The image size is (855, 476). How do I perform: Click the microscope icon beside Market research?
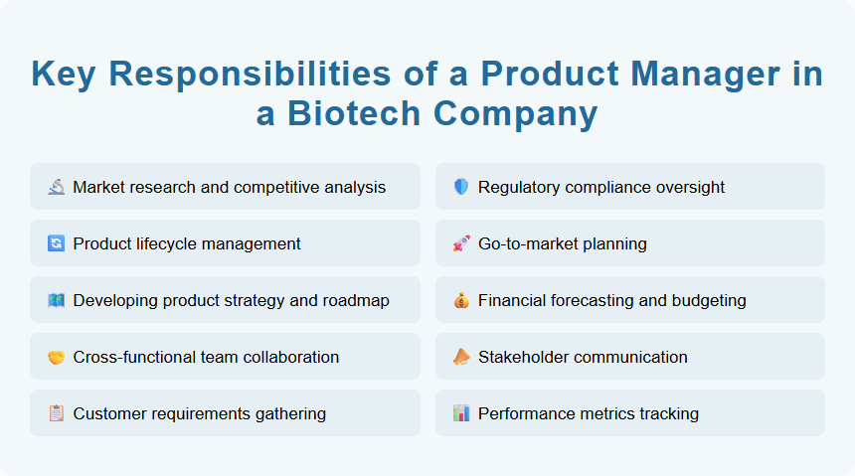coord(56,187)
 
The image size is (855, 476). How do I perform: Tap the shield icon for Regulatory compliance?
coord(461,187)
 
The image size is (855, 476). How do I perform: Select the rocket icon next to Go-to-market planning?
coord(461,243)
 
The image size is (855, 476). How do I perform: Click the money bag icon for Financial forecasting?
coord(461,300)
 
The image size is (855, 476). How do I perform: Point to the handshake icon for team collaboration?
coord(56,357)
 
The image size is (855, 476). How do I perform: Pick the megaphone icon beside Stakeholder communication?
coord(461,357)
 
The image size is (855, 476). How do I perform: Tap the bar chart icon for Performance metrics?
coord(461,413)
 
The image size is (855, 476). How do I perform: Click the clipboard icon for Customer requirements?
coord(56,413)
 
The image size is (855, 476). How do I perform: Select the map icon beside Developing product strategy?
coord(56,300)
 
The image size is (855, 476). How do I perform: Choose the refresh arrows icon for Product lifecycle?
coord(56,243)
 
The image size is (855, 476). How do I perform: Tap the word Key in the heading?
coord(67,75)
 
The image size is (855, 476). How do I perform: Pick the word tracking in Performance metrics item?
coord(668,413)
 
